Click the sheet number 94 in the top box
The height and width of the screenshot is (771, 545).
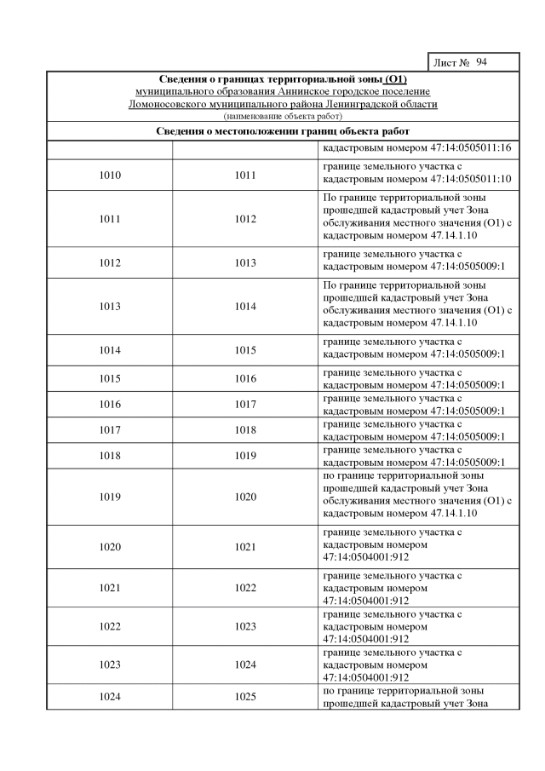(x=482, y=63)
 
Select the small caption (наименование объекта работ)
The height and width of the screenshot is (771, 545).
(x=282, y=115)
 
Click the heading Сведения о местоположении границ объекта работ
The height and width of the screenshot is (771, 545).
(x=283, y=131)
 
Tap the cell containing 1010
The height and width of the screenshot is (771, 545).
(x=110, y=175)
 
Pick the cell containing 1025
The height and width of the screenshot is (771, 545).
(x=245, y=696)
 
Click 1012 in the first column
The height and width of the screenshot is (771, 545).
(x=110, y=262)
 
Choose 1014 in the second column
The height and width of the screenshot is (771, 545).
(x=245, y=306)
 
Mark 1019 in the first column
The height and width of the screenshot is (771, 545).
(x=110, y=497)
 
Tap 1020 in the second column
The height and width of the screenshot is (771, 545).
(x=245, y=497)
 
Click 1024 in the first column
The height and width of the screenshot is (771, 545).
(x=110, y=696)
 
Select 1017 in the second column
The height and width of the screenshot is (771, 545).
(x=245, y=404)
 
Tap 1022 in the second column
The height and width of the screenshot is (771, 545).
(x=245, y=588)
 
